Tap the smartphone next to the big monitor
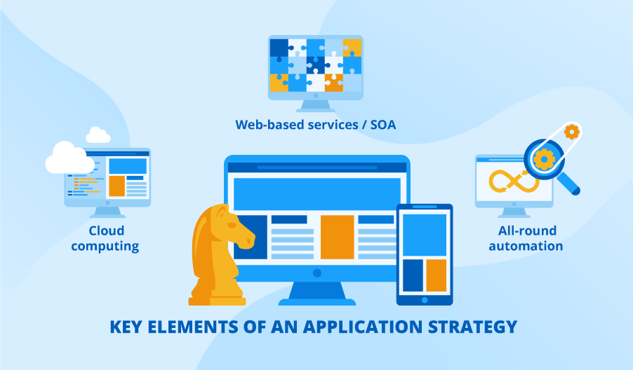(x=424, y=254)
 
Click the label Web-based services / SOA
(x=315, y=125)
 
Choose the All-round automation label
(x=526, y=238)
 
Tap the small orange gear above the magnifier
(x=572, y=131)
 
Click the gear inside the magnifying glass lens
(x=544, y=159)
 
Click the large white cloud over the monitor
(x=68, y=158)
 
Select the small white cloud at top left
(x=98, y=135)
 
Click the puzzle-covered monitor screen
(x=315, y=65)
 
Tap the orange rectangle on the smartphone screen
(x=436, y=275)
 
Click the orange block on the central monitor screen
(x=337, y=237)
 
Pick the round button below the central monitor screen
(x=316, y=273)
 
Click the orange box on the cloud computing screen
(x=116, y=186)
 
